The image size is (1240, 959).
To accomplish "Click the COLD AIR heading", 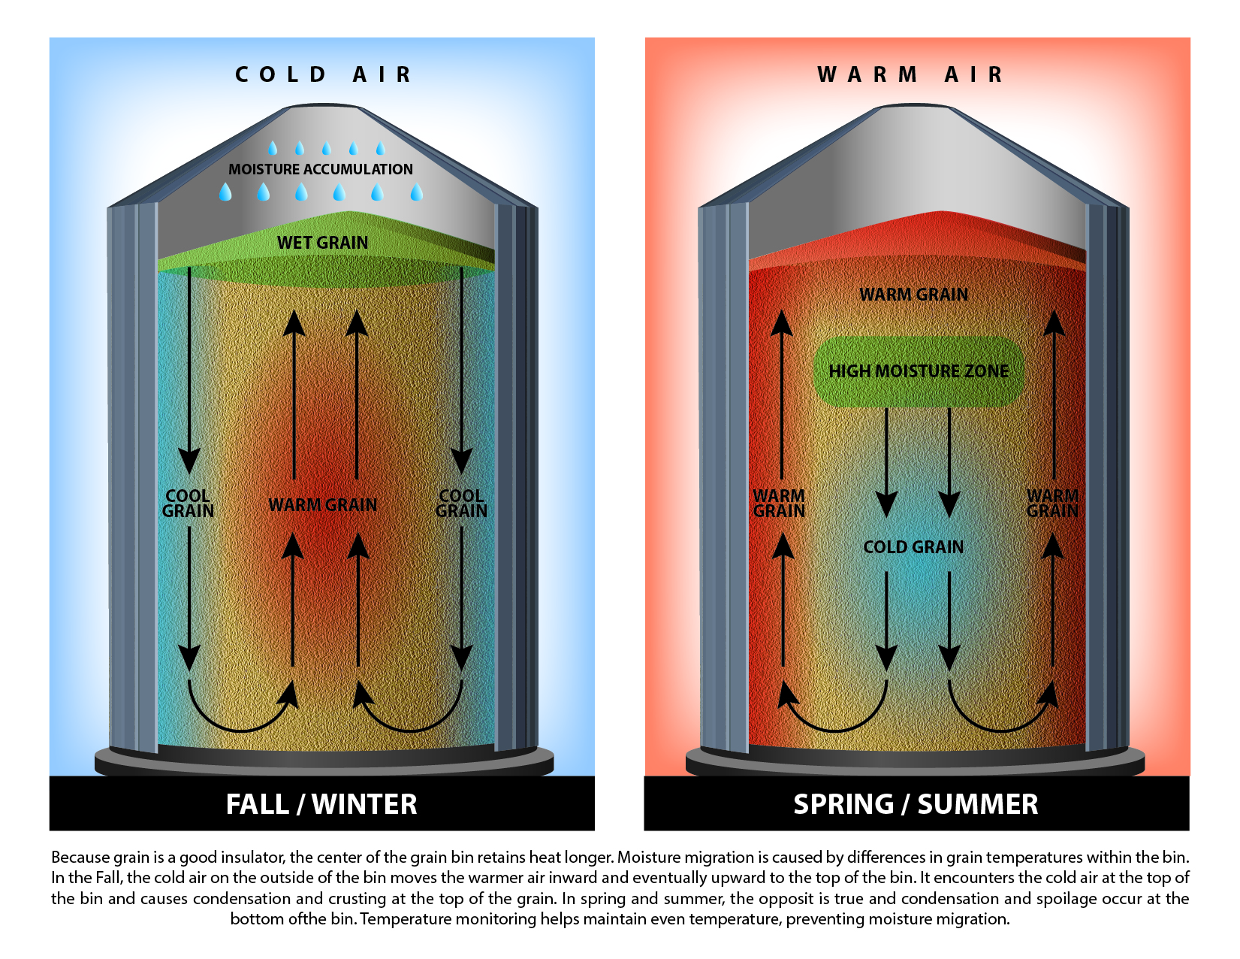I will coord(323,74).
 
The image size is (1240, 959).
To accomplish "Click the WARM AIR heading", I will coord(910,74).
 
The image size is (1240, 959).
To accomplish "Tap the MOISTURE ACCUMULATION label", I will coord(321,169).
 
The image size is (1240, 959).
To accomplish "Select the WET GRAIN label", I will coord(323,243).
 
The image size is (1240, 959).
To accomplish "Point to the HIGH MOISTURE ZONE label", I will coord(919,371).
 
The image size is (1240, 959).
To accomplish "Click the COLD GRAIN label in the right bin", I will coord(913,547).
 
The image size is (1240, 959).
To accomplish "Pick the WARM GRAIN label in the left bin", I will coord(323,505).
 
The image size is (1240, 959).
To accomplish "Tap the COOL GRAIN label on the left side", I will coord(188,504).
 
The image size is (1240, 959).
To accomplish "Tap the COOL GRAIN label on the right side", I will coord(461,504).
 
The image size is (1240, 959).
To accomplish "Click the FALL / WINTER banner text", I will coord(321,804).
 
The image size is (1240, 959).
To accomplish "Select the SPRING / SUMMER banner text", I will coord(916,804).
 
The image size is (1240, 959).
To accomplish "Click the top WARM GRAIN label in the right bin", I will coord(913,295).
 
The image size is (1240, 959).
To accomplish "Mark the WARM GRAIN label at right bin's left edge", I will coord(779,504).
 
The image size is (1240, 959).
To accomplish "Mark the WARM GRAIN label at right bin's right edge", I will coord(1052,504).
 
